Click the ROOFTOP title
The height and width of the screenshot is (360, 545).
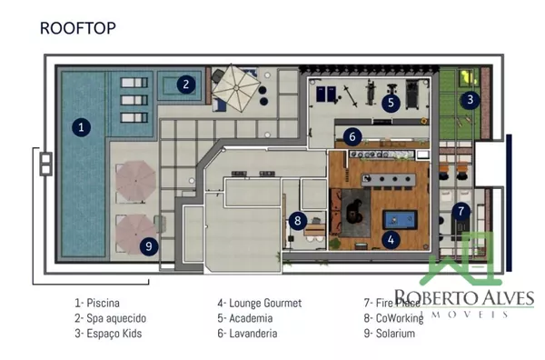point(78,28)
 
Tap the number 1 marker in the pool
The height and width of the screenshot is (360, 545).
point(82,127)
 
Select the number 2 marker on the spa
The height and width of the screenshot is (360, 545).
point(186,85)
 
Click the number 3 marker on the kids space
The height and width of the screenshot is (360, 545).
point(471,100)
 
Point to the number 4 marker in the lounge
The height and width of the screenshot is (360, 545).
point(391,240)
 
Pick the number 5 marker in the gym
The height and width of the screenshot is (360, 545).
point(391,103)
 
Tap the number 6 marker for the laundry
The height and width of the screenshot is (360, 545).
point(352,136)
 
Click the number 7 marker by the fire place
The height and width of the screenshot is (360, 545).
point(461,211)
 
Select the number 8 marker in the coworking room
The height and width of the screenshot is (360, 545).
point(298,221)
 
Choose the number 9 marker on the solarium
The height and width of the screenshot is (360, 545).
point(149,246)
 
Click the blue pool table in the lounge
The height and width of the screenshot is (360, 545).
point(400,220)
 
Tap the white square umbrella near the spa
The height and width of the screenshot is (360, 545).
point(236,88)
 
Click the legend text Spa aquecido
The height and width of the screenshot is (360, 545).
point(116,318)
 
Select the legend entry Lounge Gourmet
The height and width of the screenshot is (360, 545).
point(265,303)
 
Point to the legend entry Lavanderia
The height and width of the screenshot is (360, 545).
point(253,334)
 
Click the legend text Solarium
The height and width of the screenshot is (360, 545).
point(395,334)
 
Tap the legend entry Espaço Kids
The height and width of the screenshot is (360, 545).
point(114,334)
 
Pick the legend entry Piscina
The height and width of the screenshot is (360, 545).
point(103,303)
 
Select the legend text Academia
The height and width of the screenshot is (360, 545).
point(251,318)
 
